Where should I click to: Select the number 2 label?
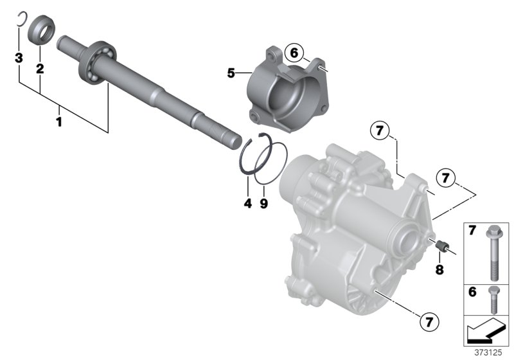[39, 68]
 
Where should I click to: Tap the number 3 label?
[19, 59]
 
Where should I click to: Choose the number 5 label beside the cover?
[231, 73]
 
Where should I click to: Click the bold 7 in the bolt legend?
[472, 230]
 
